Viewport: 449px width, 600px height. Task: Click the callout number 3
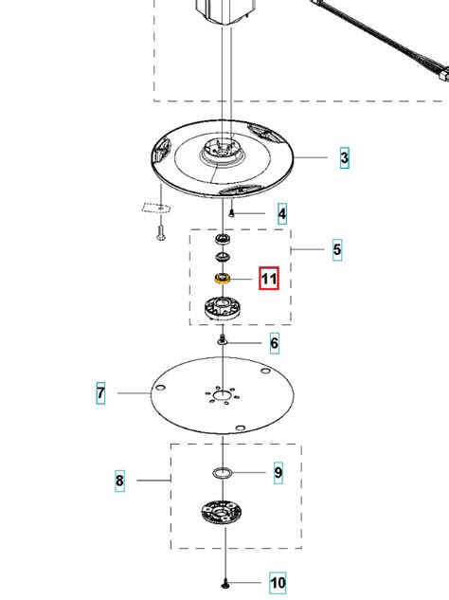point(344,157)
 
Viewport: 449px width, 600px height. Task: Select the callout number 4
point(282,213)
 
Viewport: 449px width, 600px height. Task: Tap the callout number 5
point(337,249)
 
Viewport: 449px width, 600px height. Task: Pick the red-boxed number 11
point(269,278)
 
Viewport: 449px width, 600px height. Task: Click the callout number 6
point(274,343)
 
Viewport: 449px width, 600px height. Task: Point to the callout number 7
point(100,392)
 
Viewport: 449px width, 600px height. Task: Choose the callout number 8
point(119,480)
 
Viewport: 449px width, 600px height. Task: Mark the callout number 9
point(278,473)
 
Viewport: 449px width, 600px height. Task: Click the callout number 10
point(278,583)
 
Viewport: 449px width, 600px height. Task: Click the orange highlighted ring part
point(222,278)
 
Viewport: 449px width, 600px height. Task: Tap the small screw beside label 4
point(231,213)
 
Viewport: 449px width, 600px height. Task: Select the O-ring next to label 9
point(223,473)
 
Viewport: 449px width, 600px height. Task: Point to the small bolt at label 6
point(223,339)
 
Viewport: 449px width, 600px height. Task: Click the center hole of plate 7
point(222,395)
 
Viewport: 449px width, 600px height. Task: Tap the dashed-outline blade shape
point(156,208)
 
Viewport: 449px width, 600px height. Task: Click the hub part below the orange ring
point(222,308)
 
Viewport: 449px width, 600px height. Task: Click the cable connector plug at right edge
point(443,74)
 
